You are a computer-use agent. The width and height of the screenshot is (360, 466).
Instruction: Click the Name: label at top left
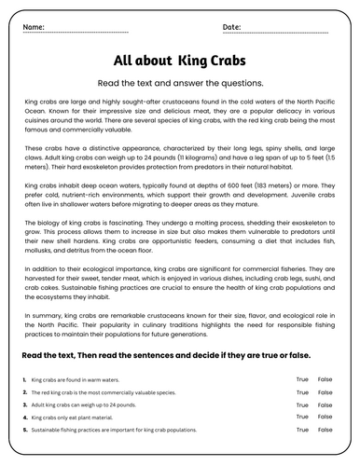coord(33,27)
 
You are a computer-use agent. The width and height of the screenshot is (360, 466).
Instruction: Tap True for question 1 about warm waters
coord(302,379)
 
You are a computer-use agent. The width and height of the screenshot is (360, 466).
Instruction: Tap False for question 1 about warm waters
coord(325,379)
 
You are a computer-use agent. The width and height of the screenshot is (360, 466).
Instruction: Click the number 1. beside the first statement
coord(23,380)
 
